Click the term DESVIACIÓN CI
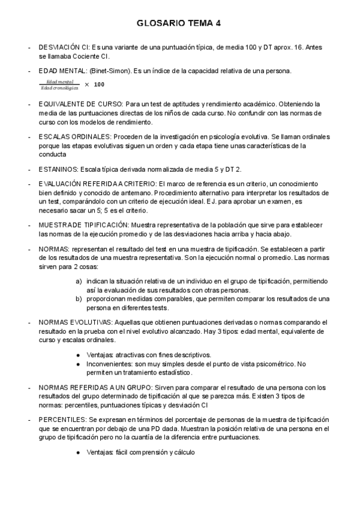click(x=64, y=46)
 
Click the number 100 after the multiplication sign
click(x=100, y=84)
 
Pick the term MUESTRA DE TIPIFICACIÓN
click(x=83, y=225)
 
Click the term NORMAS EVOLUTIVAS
click(x=72, y=322)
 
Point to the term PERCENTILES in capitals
click(x=62, y=421)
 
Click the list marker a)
click(x=79, y=281)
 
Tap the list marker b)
click(x=79, y=298)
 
